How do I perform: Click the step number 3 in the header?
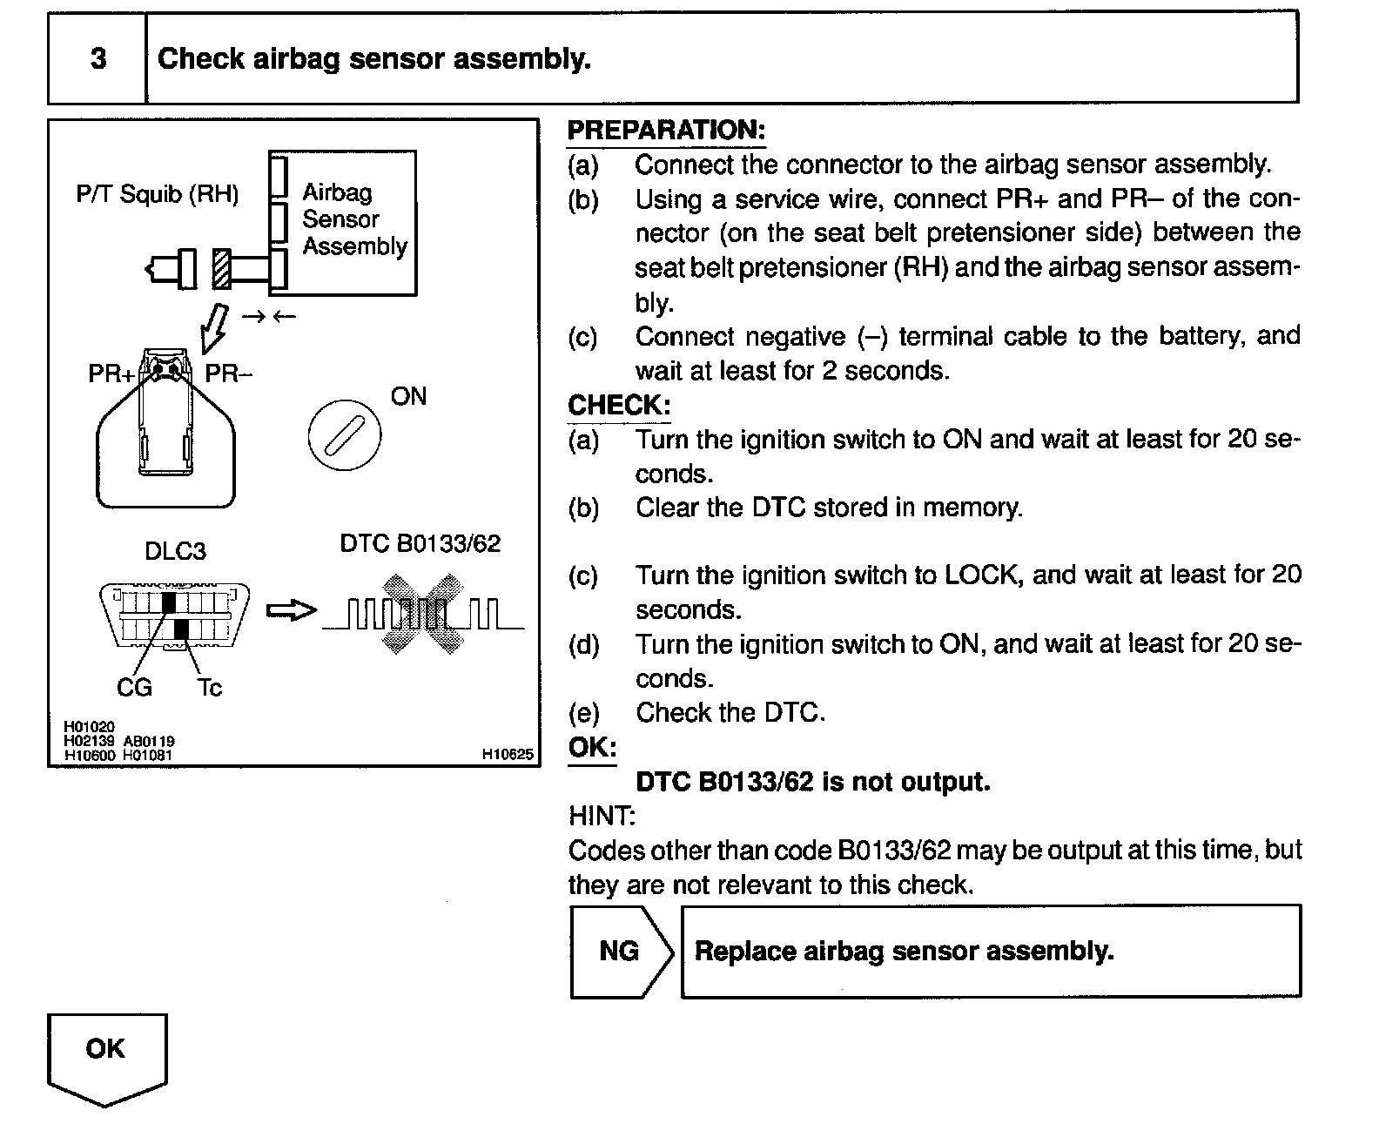coord(98,58)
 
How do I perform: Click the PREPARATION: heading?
coord(666,130)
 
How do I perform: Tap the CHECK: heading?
coord(619,405)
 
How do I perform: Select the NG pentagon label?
coord(620,951)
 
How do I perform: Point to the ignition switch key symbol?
coord(344,434)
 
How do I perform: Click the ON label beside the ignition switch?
coord(408,397)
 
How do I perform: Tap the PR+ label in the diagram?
coord(111,374)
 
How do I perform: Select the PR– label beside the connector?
coord(228,374)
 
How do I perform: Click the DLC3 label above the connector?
coord(175,551)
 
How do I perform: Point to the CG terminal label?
coord(134,688)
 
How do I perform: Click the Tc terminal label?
coord(209,688)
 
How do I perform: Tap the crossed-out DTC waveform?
coord(422,614)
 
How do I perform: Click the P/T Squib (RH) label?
coord(158,193)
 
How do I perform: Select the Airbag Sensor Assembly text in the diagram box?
coord(354,219)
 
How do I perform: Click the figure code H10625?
coord(508,755)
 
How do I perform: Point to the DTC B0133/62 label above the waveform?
coord(420,544)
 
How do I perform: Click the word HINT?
coord(602,816)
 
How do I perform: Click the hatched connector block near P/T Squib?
coord(221,269)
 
